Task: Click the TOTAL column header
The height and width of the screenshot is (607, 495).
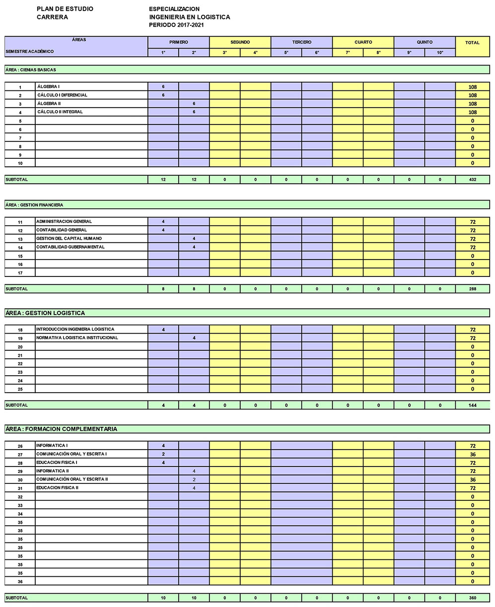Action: [x=472, y=43]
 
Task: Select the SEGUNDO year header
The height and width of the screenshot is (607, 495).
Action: [x=240, y=42]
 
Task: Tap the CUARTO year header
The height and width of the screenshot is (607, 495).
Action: [x=363, y=42]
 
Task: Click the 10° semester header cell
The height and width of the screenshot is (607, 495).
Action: [x=440, y=52]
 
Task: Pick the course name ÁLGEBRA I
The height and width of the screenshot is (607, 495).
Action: [x=49, y=87]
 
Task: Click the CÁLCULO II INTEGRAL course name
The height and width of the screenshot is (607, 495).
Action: [x=60, y=112]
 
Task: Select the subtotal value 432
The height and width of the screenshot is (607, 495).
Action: [x=472, y=180]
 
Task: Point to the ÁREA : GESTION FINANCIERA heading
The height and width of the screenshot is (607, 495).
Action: [x=35, y=204]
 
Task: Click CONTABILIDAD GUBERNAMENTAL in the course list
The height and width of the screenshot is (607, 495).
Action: [x=71, y=247]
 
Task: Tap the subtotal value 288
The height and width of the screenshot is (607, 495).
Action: [x=472, y=289]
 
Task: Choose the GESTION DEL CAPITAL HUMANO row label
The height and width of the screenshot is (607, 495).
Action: [x=69, y=239]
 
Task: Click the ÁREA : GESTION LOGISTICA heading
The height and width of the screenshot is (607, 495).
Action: [x=45, y=313]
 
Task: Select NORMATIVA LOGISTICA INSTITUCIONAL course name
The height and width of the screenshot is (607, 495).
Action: [x=77, y=338]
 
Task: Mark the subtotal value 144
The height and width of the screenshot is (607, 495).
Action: [x=472, y=405]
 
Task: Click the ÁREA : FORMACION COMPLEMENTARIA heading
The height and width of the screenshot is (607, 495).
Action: [x=62, y=429]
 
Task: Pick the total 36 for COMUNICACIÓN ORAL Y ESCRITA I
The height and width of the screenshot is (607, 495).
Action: [x=472, y=455]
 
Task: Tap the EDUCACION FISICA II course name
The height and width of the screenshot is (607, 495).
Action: [x=58, y=488]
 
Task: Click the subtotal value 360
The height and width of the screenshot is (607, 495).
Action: [x=472, y=598]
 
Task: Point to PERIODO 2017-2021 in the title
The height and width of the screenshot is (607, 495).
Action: [x=176, y=25]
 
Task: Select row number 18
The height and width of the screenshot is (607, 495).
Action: [x=20, y=330]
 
